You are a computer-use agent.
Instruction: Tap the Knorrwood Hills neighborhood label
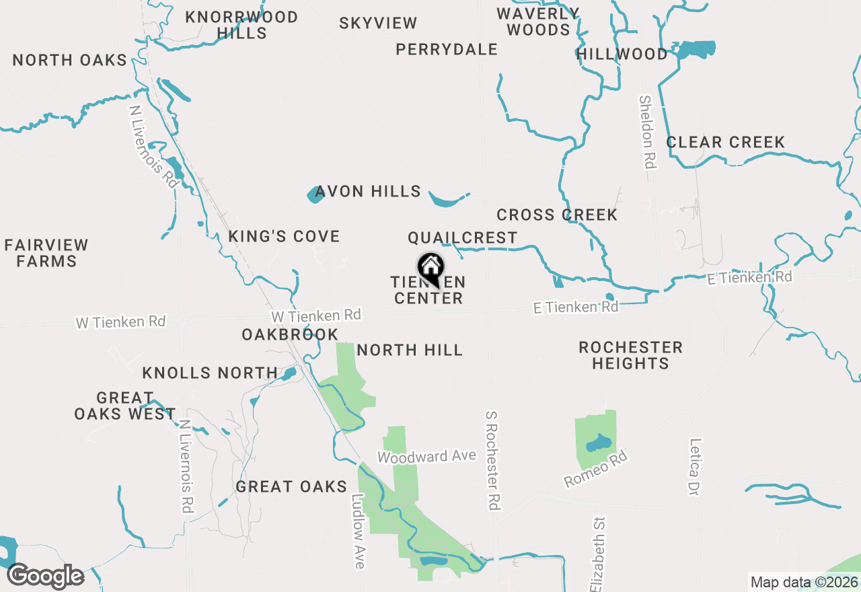click(241, 25)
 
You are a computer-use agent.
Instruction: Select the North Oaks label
click(70, 61)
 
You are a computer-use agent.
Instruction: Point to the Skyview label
click(378, 24)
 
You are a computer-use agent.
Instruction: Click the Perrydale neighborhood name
click(447, 50)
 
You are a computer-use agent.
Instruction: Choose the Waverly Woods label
click(538, 22)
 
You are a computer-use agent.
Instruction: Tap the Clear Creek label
click(725, 143)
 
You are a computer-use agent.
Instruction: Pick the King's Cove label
click(284, 237)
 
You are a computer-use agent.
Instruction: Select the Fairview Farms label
click(46, 253)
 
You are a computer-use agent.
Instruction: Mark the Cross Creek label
click(557, 215)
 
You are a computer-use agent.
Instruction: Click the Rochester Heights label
click(630, 355)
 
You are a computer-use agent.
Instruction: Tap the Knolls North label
click(210, 373)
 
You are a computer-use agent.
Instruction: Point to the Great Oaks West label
click(125, 406)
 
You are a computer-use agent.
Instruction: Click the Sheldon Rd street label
click(648, 132)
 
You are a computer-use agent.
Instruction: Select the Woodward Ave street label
click(426, 457)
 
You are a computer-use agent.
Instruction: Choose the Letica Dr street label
click(695, 468)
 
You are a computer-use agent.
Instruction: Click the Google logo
click(46, 577)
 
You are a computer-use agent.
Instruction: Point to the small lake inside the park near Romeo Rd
click(597, 443)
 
